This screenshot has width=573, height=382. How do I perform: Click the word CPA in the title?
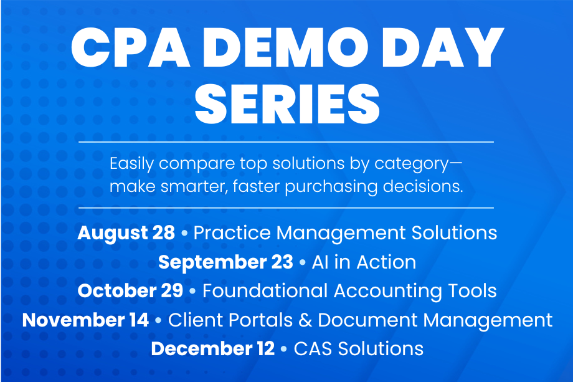(x=130, y=47)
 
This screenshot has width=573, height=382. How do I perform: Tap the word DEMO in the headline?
(x=285, y=47)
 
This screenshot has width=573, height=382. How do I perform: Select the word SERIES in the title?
(x=287, y=104)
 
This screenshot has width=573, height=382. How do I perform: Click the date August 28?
(x=126, y=234)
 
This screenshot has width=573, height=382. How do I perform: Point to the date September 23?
(x=226, y=262)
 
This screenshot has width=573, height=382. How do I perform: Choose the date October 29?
(x=130, y=291)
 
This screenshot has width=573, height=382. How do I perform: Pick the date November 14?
(x=85, y=320)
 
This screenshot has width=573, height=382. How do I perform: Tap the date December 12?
(x=212, y=348)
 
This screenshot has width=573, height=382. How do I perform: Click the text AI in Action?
(x=364, y=262)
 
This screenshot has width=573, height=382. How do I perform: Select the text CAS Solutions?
(x=359, y=348)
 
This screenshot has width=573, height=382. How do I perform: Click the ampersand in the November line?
(x=305, y=320)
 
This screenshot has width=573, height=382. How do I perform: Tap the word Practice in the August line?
(x=232, y=233)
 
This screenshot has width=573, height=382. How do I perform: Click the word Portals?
(x=261, y=320)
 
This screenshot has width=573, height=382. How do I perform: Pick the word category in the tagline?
(x=412, y=164)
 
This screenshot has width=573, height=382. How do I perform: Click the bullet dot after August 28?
(x=184, y=233)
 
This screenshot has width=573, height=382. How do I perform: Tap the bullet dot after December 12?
(x=284, y=349)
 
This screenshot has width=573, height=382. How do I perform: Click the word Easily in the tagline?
(x=131, y=164)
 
